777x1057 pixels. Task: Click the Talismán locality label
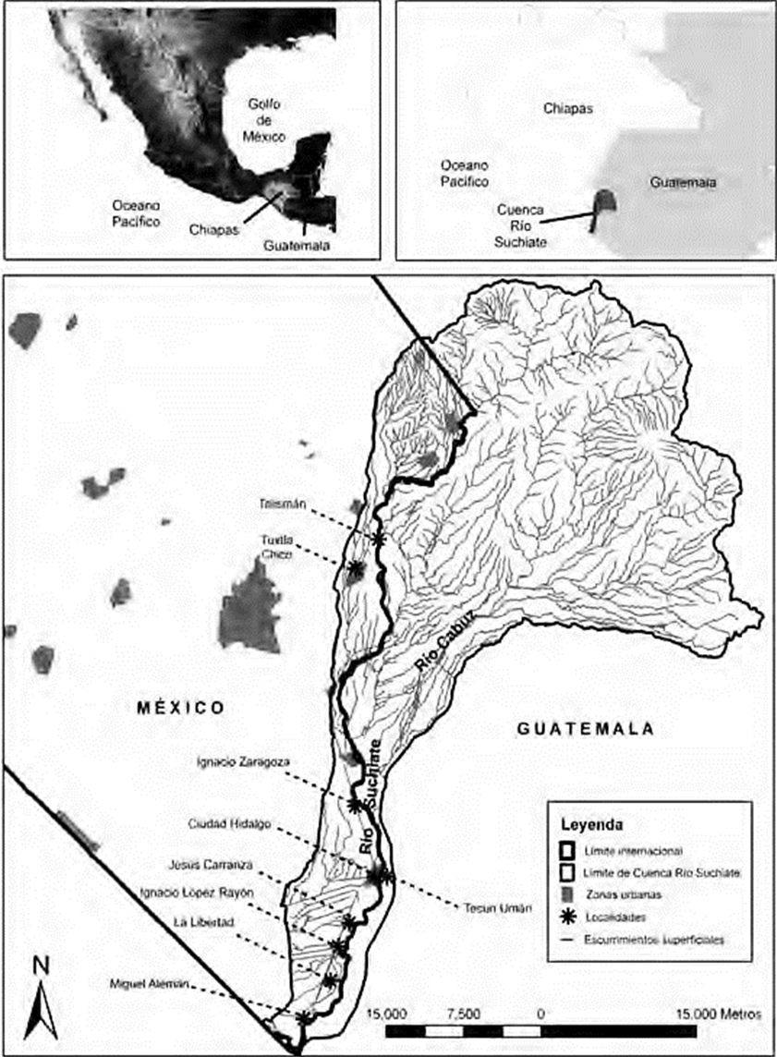pos(283,504)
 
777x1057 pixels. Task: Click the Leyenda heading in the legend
pos(588,821)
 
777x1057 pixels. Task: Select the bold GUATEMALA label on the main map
pos(586,729)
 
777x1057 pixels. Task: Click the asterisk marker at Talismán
pos(378,537)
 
